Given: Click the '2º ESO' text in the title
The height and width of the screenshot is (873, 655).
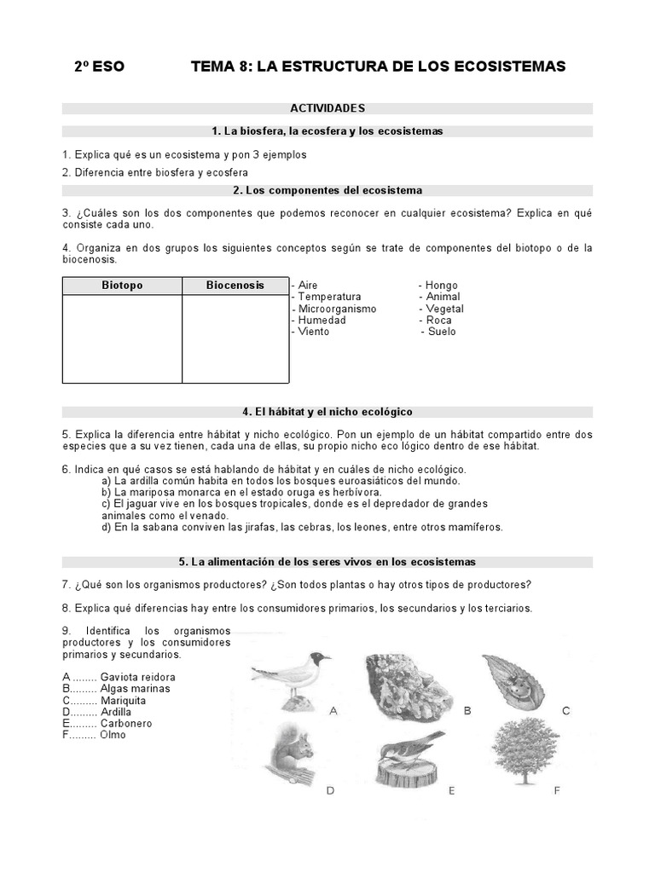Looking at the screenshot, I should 99,66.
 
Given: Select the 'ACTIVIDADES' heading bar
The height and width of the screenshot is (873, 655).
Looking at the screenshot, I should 327,108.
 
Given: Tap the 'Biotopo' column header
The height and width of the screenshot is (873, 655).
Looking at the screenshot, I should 121,286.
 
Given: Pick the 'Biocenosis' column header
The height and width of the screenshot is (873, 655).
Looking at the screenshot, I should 235,286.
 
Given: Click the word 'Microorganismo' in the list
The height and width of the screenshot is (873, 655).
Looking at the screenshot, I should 337,309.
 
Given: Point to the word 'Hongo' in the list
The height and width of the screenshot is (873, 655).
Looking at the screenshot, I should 441,286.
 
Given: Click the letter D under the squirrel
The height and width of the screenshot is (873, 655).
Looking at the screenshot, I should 330,790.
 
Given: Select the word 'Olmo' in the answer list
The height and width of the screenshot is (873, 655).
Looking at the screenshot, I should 113,735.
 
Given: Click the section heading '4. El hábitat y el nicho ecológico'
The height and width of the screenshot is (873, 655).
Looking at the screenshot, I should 327,412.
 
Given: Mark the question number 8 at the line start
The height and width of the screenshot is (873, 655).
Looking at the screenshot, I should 66,609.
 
